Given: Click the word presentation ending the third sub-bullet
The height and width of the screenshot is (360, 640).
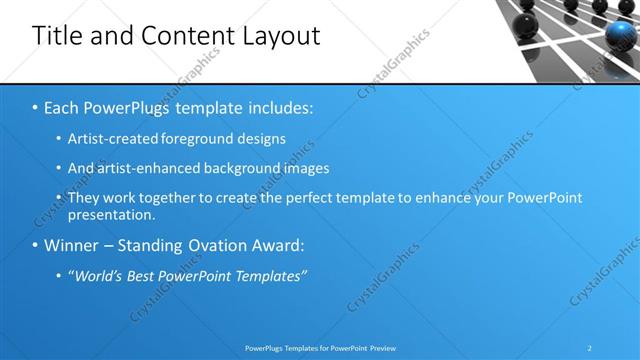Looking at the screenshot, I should [x=112, y=214].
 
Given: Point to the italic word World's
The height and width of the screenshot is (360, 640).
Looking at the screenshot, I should [x=98, y=274].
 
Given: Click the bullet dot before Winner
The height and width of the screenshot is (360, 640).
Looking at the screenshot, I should [x=35, y=245].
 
